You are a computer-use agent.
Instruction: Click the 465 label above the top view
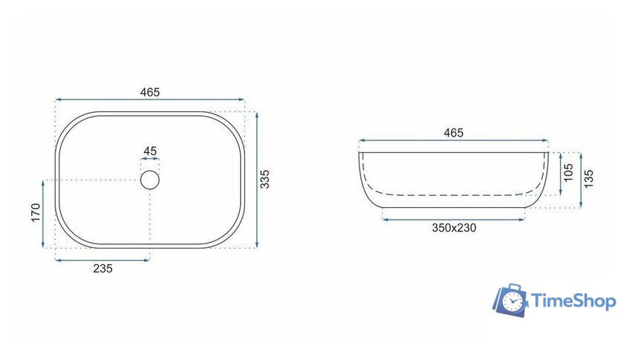(x=150, y=92)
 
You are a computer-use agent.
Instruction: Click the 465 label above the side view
(x=453, y=133)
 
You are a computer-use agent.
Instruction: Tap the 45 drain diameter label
(x=150, y=151)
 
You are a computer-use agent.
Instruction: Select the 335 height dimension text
(x=266, y=179)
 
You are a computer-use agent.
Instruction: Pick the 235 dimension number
(x=103, y=269)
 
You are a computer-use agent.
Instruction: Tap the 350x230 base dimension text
(x=454, y=228)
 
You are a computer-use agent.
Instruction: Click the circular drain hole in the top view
(x=150, y=180)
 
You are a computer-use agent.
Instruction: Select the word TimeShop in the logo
(x=573, y=301)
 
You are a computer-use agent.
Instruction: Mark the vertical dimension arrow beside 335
(x=256, y=180)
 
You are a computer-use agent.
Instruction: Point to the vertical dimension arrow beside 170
(x=45, y=214)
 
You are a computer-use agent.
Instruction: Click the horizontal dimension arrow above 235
(x=103, y=260)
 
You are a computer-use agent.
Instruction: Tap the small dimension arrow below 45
(x=150, y=159)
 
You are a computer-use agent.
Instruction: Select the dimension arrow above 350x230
(x=454, y=219)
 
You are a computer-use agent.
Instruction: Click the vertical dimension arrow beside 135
(x=581, y=180)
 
